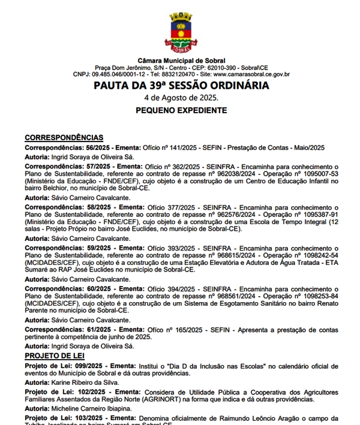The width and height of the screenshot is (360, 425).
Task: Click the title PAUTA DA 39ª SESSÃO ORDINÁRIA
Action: click(181, 86)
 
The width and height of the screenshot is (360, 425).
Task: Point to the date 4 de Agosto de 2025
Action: click(181, 98)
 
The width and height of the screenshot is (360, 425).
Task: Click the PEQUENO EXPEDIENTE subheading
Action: click(181, 111)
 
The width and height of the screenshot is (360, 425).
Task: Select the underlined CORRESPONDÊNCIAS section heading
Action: click(64, 138)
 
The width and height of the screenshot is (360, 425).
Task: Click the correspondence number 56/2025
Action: click(100, 147)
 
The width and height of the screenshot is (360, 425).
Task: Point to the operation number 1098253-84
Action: click(317, 296)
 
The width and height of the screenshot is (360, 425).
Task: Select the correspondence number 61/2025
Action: click(100, 330)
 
